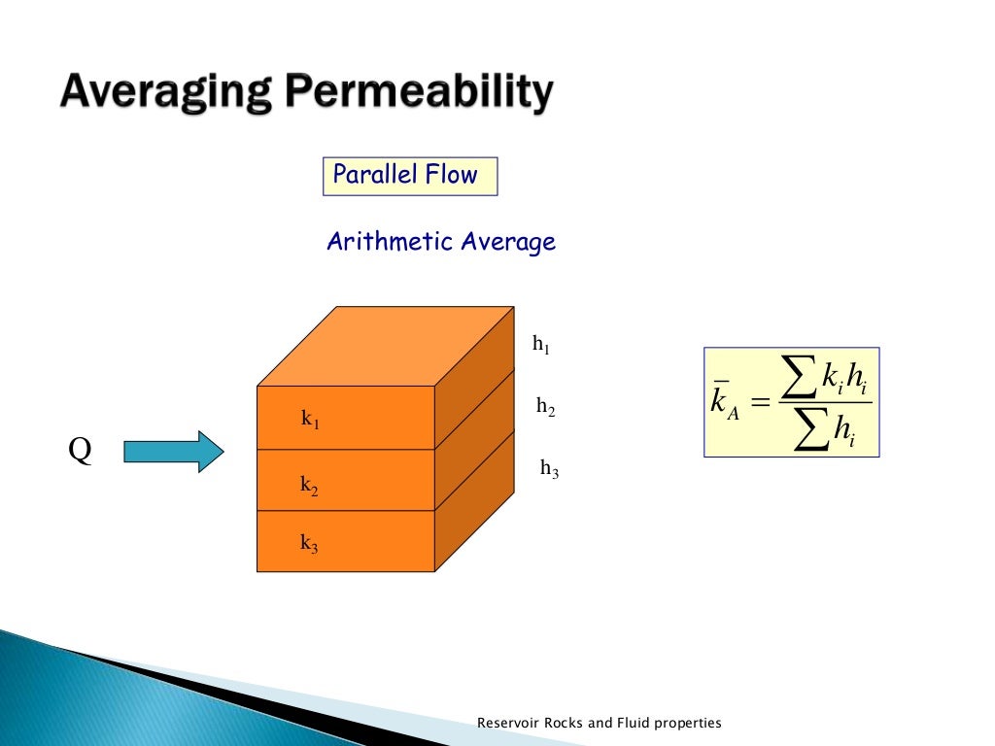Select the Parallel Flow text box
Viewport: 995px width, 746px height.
coord(409,176)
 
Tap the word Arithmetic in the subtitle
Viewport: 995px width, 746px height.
coord(390,242)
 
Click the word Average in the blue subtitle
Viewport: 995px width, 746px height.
coord(508,242)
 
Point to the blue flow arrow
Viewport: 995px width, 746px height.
coord(174,452)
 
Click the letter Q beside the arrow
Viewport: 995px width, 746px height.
coord(81,453)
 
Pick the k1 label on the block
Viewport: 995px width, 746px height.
coord(310,420)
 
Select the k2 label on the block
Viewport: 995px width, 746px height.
coord(309,487)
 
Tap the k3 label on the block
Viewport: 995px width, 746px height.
coord(309,544)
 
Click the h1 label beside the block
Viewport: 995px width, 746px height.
coord(541,343)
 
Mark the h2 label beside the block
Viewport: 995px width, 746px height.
coord(545,408)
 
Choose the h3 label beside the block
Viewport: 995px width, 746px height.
coord(549,470)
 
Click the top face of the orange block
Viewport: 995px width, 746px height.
coord(385,347)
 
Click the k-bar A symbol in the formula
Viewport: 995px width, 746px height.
coord(724,403)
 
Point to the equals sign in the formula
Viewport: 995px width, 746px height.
coord(760,403)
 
